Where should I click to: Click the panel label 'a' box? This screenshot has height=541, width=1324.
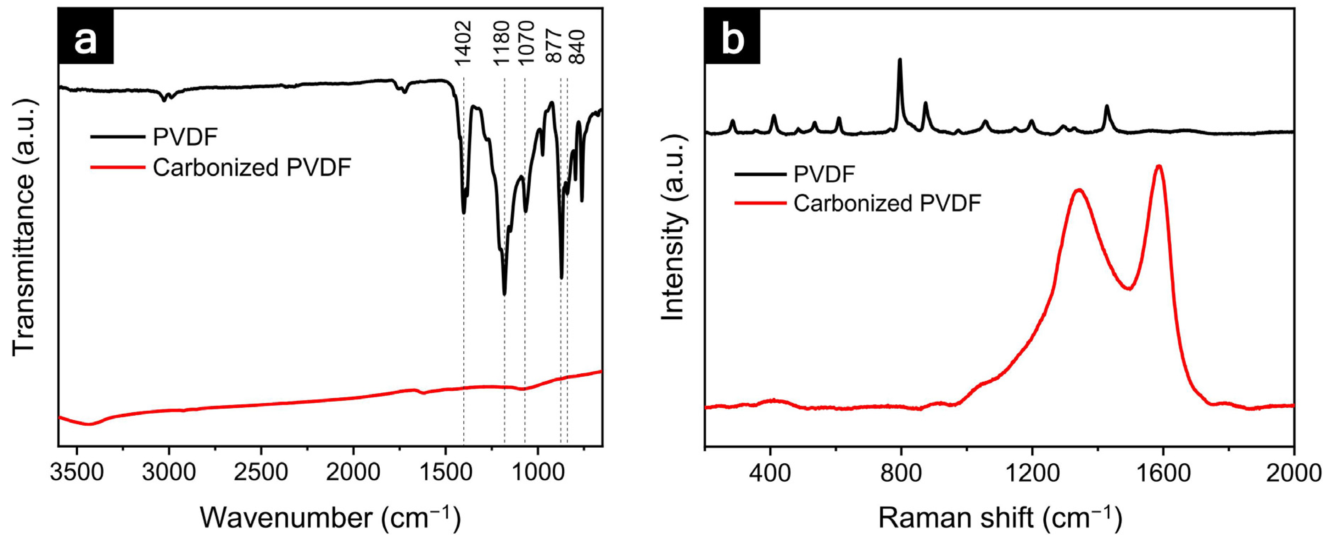(85, 37)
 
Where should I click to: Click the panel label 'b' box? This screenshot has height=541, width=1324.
(732, 37)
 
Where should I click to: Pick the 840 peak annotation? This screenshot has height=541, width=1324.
(578, 47)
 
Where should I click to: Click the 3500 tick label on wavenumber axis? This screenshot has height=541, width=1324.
(77, 471)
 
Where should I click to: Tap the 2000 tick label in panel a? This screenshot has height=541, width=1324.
(353, 471)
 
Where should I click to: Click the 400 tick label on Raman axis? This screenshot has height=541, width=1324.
(770, 471)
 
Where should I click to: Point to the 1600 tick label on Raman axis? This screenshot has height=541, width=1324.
(1163, 471)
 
